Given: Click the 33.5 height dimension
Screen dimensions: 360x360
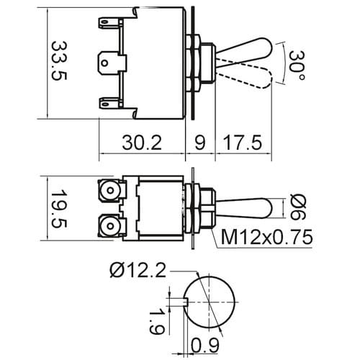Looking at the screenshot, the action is click(59, 61).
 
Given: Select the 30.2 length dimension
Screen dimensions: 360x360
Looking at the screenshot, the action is click(142, 143).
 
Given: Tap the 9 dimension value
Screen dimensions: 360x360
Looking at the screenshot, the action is click(199, 143).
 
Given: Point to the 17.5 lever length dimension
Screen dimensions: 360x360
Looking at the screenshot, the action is click(243, 143).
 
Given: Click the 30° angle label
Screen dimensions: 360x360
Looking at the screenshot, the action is click(297, 66).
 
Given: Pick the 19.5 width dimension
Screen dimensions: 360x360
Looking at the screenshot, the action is click(59, 209).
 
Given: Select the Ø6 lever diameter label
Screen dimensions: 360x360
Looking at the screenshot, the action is click(298, 207).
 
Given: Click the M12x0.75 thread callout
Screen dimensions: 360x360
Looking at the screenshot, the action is click(266, 237).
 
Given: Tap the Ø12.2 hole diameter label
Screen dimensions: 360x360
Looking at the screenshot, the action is click(138, 271).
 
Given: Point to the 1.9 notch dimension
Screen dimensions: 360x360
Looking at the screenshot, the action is click(157, 323).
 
